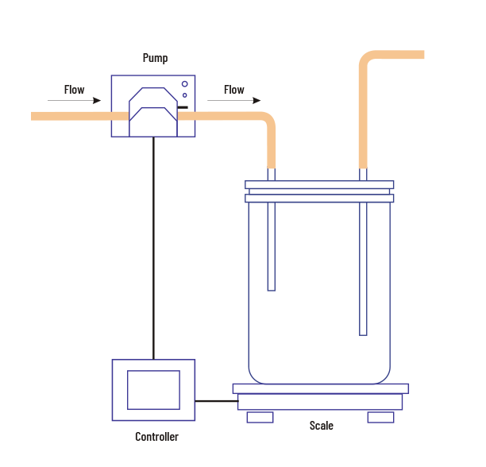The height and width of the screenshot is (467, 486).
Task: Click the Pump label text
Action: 155,58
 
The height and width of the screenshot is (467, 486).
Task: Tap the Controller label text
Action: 156,437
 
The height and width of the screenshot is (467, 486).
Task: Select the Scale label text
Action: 321,426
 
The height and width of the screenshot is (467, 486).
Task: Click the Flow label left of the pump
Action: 74,90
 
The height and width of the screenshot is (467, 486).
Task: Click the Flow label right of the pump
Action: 233,90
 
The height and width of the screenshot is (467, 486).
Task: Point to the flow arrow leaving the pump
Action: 233,101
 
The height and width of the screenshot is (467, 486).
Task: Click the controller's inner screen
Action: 153,389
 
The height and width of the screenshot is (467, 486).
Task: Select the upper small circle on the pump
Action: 185,84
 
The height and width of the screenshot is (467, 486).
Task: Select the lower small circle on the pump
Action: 185,95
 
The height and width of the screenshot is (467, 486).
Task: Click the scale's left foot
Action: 260,417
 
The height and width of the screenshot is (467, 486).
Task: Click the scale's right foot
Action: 380,417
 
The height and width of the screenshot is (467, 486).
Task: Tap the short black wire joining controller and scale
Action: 216,401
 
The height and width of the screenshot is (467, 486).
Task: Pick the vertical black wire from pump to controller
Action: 152,246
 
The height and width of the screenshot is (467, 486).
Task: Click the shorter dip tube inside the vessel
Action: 271,246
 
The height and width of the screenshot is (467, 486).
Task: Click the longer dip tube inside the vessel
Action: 363,270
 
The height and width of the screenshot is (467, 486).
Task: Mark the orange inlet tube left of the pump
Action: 71,116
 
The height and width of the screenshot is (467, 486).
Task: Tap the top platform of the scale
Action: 320,388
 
